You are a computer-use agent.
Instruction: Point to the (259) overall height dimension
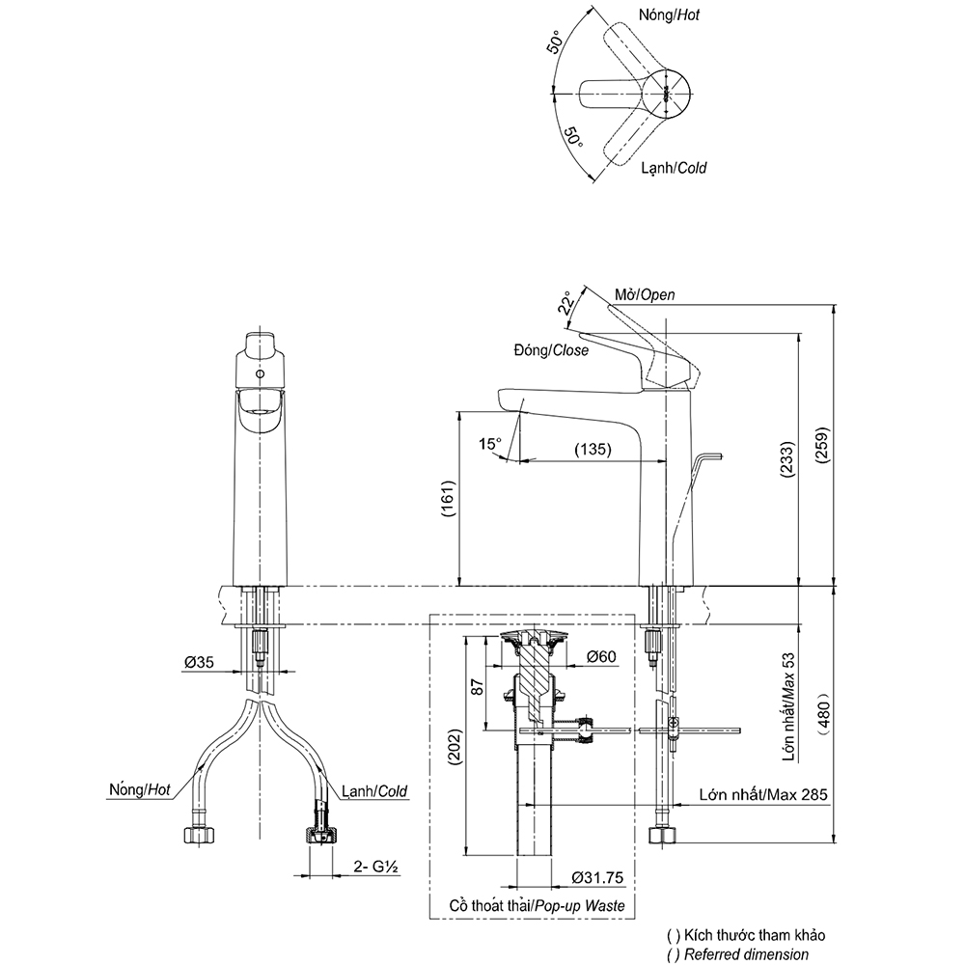(821, 461)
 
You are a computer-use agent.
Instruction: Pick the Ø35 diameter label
(200, 663)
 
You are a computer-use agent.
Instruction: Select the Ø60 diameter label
(600, 656)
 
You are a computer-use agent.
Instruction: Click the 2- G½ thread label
(375, 867)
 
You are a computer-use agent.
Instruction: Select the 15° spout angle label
(490, 443)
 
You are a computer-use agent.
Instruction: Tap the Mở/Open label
(645, 294)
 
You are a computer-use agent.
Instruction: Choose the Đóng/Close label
(552, 350)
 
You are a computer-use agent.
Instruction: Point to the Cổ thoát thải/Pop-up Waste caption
(537, 906)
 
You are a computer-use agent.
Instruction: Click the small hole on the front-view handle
(258, 372)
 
